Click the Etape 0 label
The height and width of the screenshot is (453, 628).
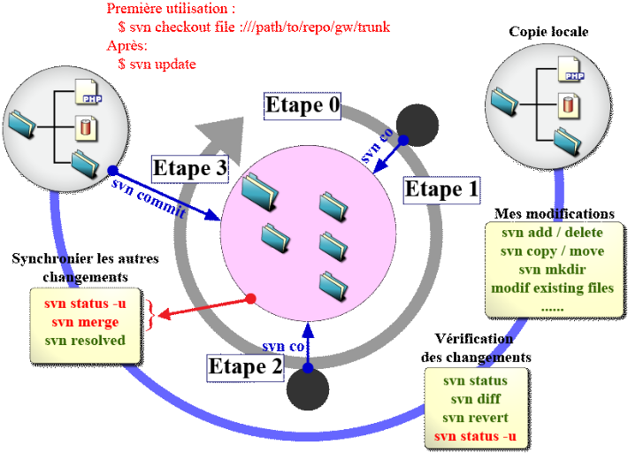(x=303, y=105)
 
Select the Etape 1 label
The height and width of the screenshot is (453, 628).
(x=440, y=189)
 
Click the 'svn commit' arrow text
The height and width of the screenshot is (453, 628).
(x=149, y=198)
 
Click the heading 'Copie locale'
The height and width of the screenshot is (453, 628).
(x=548, y=32)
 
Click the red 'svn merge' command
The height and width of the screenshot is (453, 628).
(x=86, y=322)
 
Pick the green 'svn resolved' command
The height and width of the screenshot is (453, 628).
(x=86, y=340)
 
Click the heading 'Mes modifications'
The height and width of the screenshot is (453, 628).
(x=555, y=214)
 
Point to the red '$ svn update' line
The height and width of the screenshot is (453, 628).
(x=157, y=64)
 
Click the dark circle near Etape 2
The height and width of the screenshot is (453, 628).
(x=307, y=390)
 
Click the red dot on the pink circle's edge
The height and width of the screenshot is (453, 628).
(x=251, y=298)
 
